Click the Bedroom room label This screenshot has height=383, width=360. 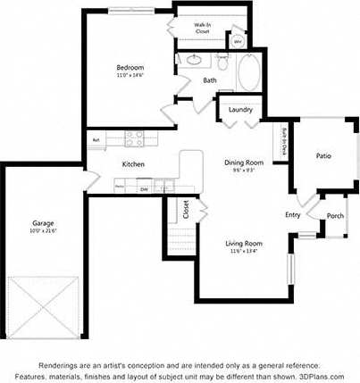click(x=130, y=68)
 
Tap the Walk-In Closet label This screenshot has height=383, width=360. click(x=202, y=28)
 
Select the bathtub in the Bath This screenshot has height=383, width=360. click(x=248, y=70)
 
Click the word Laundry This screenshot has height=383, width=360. click(x=240, y=110)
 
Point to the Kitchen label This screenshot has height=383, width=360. click(x=133, y=164)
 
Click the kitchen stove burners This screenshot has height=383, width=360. click(x=135, y=138)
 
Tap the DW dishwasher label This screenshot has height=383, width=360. click(x=143, y=189)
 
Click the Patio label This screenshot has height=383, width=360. click(x=323, y=156)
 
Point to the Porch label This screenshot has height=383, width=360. click(x=335, y=216)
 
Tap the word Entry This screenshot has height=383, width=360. click(x=292, y=214)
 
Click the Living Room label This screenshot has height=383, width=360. click(x=243, y=243)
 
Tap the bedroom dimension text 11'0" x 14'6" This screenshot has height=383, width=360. click(x=130, y=76)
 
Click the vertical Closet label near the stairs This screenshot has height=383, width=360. click(x=186, y=209)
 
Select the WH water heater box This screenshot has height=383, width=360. click(x=239, y=41)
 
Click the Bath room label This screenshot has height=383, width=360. click(x=210, y=80)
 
